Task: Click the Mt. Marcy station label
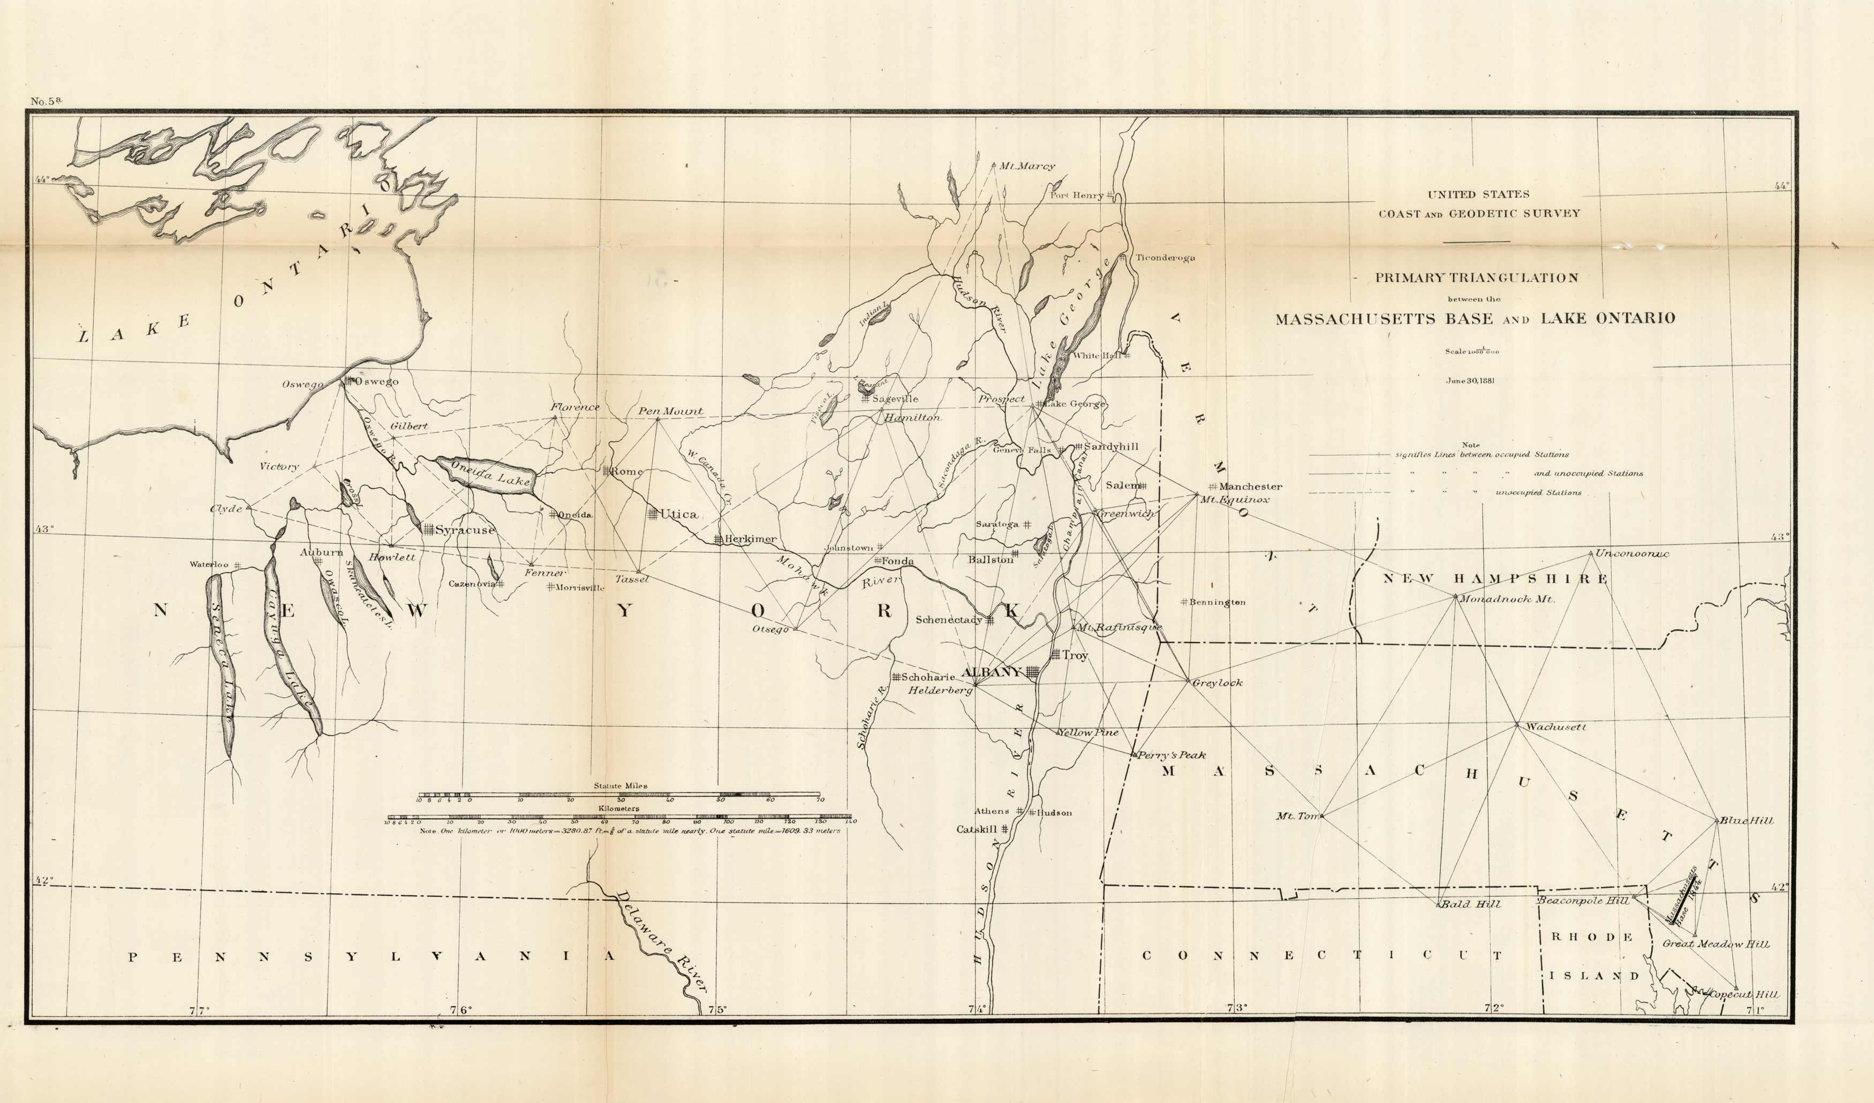coord(1027,167)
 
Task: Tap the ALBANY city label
coord(992,671)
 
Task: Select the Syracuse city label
coord(464,530)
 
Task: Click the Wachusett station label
coord(1556,727)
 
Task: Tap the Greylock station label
coord(1218,683)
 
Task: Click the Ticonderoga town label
coord(1165,258)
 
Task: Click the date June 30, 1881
coord(1470,380)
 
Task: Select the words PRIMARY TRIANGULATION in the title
coord(1476,277)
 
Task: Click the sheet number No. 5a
coord(46,101)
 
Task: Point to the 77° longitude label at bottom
coord(199,1010)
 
